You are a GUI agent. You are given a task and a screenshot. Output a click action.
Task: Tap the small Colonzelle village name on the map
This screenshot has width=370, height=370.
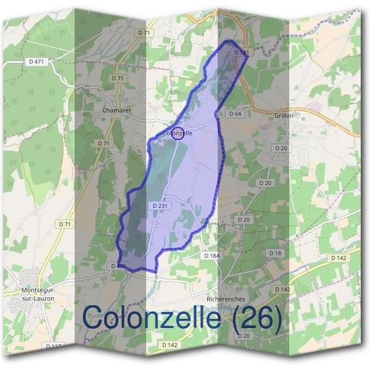[179, 133]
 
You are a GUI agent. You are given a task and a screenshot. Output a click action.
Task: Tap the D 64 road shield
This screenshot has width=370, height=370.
[235, 114]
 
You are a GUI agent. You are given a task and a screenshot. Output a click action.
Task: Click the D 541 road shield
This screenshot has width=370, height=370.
[242, 53]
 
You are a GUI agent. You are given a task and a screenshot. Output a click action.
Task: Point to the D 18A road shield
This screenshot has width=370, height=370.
[212, 255]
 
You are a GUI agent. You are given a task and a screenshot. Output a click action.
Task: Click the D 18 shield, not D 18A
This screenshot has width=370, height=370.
[274, 253]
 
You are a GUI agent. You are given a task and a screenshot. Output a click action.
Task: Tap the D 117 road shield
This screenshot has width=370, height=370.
[54, 346]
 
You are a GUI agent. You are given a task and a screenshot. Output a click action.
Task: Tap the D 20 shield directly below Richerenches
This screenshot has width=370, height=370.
[243, 335]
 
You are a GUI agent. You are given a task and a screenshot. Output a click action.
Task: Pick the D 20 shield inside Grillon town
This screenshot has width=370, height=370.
[281, 149]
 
